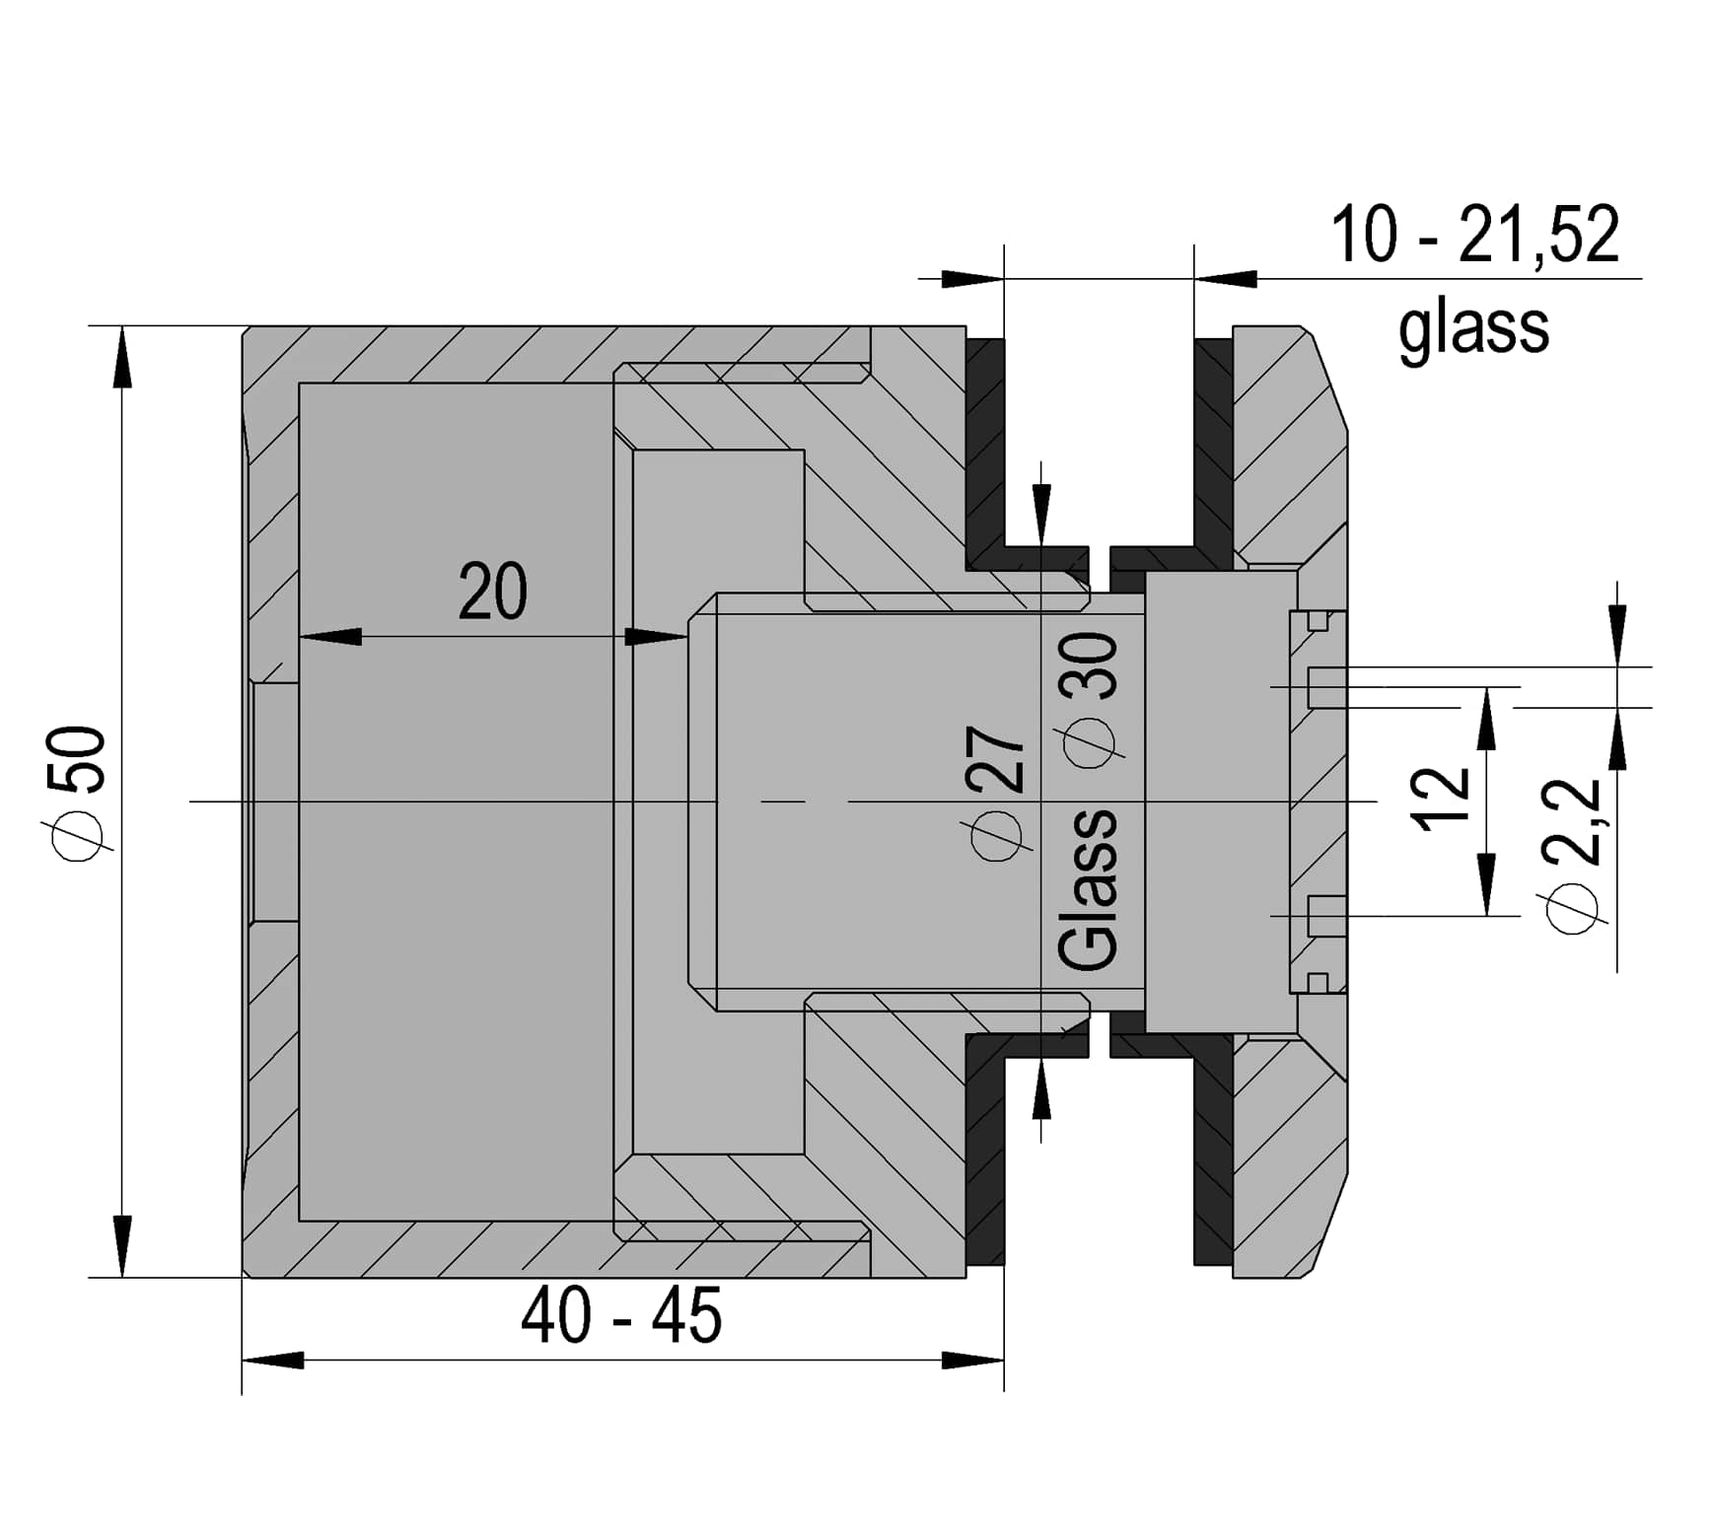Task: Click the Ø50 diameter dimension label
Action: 79,793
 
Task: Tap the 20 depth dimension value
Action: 493,592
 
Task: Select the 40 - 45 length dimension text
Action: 621,1315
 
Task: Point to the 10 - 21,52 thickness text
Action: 1474,235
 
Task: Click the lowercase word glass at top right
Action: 1473,329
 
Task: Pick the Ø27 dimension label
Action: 998,793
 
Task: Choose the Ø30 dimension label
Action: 1089,698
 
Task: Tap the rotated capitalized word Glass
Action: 1088,889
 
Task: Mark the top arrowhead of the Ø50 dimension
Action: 121,357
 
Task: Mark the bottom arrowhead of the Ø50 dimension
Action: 121,1246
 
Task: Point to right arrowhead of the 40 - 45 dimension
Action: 972,1361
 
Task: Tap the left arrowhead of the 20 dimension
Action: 329,637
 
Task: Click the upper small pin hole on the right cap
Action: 1326,687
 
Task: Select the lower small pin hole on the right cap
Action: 1326,916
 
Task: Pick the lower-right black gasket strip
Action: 1213,1150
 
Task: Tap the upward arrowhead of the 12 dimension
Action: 1487,719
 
